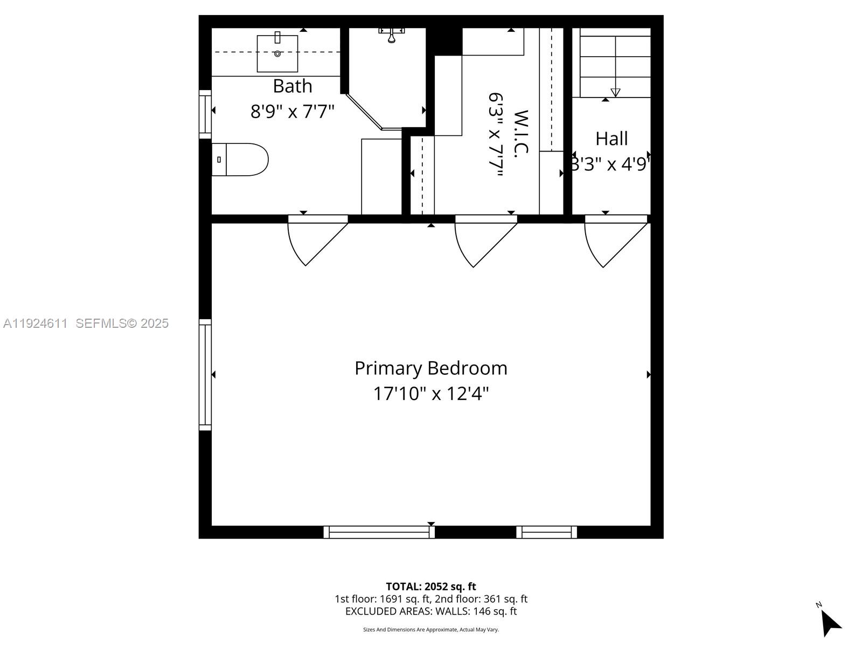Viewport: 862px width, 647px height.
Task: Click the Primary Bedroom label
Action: point(430,368)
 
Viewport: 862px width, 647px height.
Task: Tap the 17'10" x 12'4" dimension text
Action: point(430,394)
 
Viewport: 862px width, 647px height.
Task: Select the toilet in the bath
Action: point(240,160)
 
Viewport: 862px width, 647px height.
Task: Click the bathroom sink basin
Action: point(277,53)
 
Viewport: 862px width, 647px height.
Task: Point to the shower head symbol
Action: point(392,36)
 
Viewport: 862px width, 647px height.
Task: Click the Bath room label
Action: point(292,86)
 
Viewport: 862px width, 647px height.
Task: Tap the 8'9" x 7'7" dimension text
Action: point(292,112)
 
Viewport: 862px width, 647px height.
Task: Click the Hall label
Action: point(611,139)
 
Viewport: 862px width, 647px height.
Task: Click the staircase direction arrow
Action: point(615,92)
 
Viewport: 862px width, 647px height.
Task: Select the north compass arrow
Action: point(830,623)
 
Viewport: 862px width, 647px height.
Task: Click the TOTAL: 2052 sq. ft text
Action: point(430,587)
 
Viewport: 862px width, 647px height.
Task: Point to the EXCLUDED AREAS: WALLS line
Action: point(430,611)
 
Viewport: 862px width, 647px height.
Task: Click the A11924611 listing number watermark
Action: point(36,323)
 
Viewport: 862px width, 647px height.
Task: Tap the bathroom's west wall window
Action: point(205,114)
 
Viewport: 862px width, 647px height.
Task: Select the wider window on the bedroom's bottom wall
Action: point(379,532)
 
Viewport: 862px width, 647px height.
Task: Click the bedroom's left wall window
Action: point(205,375)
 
